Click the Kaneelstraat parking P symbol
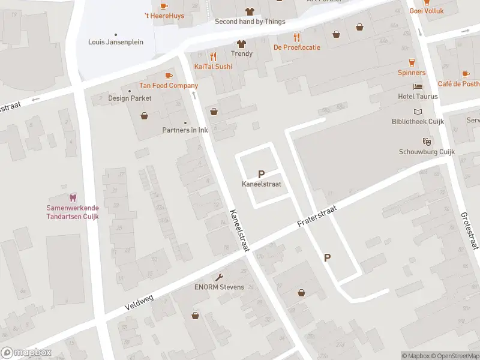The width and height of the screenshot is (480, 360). click(261, 173)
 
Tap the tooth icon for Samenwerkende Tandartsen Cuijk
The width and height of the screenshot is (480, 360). click(73, 197)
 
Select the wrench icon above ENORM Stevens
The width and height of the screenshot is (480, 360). click(219, 277)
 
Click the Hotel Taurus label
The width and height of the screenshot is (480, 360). click(418, 97)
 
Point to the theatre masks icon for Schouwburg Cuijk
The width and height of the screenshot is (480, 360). click(427, 142)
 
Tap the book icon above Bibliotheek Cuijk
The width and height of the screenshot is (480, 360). click(418, 112)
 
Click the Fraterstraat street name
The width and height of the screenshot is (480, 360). click(317, 217)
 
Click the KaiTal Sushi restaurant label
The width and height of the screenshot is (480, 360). click(213, 67)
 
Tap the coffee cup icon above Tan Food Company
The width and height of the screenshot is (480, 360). click(169, 75)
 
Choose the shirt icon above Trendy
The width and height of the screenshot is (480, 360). click(241, 43)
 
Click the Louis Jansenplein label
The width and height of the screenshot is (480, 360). click(115, 42)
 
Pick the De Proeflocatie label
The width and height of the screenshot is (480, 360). click(296, 47)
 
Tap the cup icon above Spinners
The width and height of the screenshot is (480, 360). click(412, 62)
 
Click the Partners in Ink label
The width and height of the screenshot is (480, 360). click(185, 130)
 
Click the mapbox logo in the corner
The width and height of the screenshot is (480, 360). click(26, 352)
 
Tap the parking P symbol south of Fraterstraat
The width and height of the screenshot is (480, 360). click(327, 257)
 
